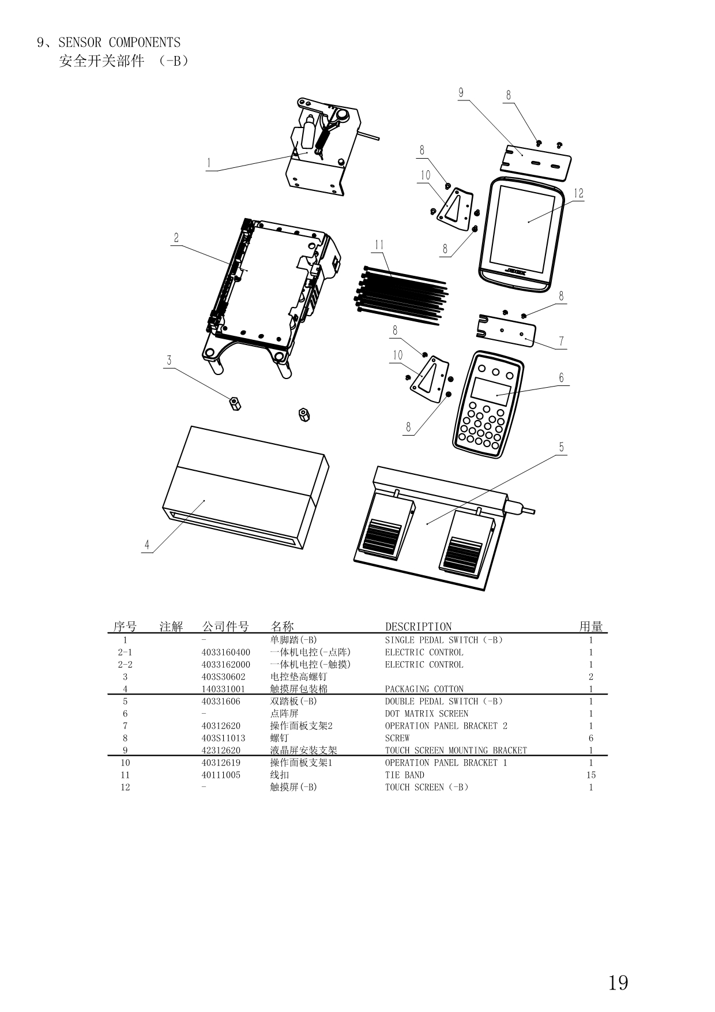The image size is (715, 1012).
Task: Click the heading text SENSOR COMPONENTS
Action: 119,42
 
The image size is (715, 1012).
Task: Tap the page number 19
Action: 618,982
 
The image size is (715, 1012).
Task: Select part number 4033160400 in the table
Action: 226,653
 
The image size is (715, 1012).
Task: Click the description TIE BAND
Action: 404,775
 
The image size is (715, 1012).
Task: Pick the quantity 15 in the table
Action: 591,775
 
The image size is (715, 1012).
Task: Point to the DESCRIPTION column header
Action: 418,627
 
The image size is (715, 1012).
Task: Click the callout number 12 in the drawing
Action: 578,193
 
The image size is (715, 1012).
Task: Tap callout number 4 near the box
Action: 147,545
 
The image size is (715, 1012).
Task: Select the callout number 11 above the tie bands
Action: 379,245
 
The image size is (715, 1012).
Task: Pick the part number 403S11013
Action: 223,738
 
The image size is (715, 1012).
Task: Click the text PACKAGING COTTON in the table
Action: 424,689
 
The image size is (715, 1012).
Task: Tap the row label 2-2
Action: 125,665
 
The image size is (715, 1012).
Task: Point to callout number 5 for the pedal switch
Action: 562,447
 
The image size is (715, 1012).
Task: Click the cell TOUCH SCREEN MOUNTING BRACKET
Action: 456,751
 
